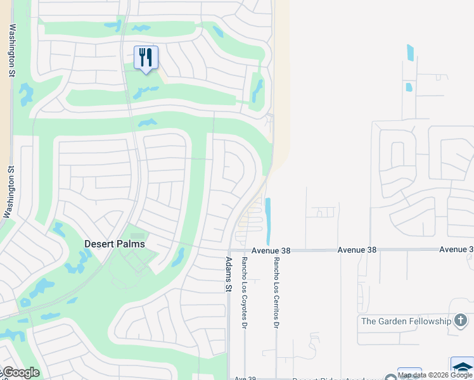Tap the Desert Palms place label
pos(115,244)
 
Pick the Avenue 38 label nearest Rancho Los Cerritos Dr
pos(271,251)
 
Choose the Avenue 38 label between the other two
pos(357,250)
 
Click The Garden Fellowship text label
pos(406,321)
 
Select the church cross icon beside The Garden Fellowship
pos(460,321)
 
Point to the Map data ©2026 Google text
pos(435,376)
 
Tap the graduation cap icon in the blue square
pos(463,367)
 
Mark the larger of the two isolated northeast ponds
pos(410,53)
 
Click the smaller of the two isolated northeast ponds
pos(409,87)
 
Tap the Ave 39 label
pos(245,378)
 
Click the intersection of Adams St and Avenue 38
pos(229,250)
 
